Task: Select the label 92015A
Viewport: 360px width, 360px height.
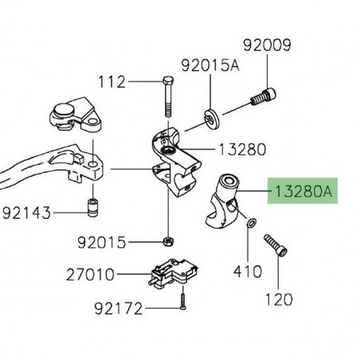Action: (x=209, y=66)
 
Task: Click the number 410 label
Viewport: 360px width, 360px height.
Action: (x=248, y=272)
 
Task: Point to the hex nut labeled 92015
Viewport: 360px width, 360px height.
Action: (x=168, y=241)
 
